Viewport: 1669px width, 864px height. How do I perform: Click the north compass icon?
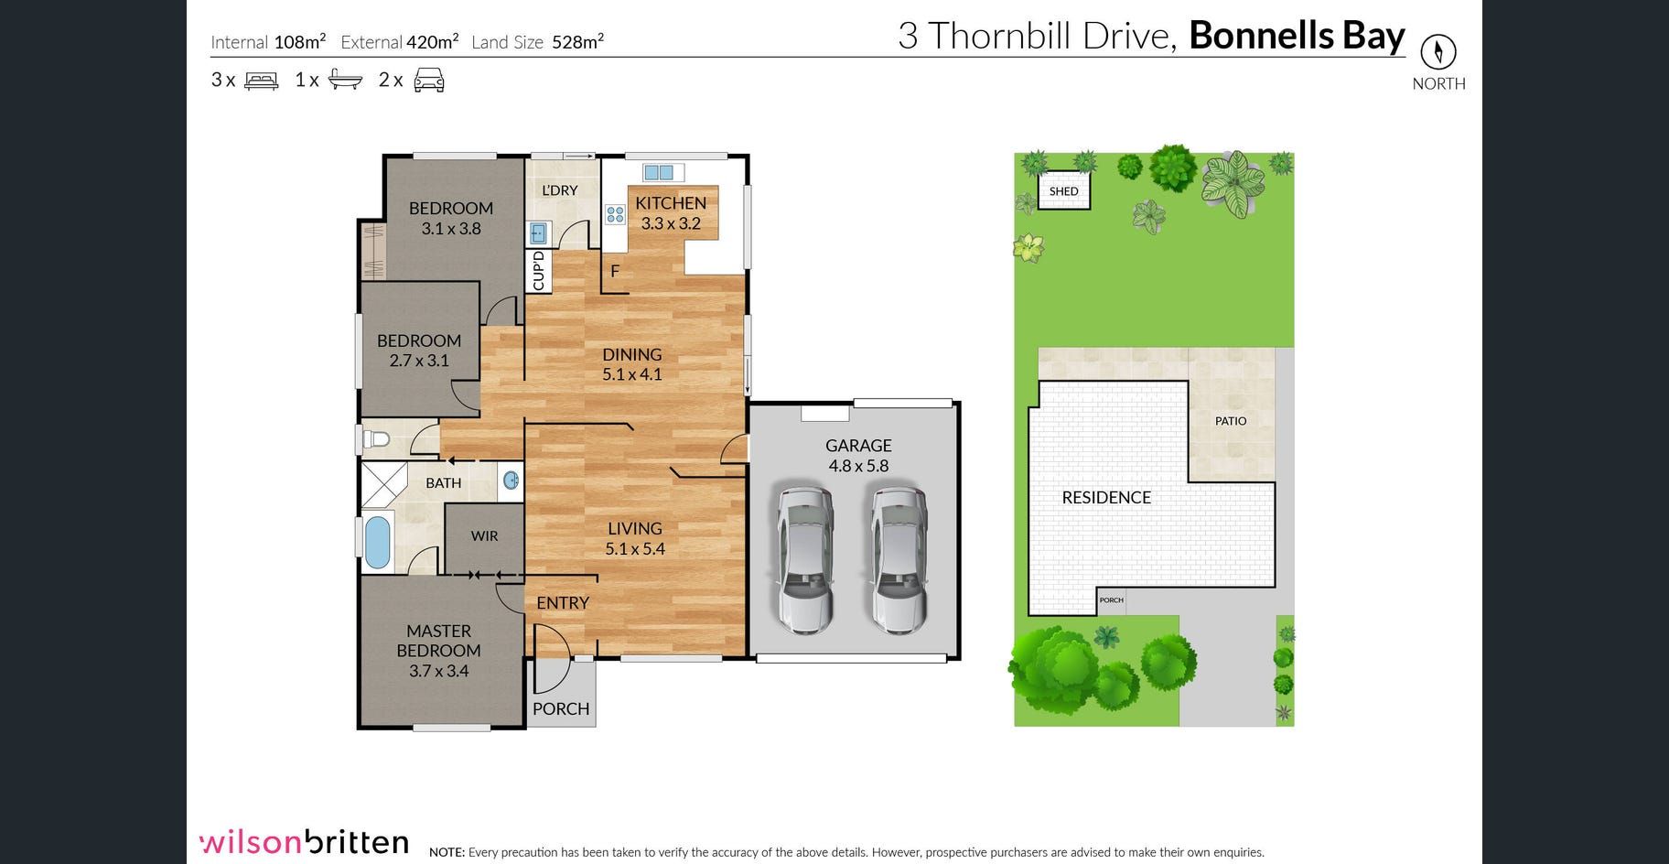(1437, 51)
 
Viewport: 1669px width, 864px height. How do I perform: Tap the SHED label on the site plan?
(1063, 191)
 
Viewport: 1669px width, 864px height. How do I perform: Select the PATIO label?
(1231, 421)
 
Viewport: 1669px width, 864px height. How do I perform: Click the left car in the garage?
(805, 560)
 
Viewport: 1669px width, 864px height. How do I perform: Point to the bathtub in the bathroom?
(377, 543)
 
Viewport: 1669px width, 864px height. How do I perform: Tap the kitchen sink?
(658, 172)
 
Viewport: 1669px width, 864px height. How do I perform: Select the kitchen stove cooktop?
(615, 215)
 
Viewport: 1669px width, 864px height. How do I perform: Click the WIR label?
(484, 536)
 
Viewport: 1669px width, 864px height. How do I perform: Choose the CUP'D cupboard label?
(538, 271)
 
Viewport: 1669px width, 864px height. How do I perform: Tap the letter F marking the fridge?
(615, 271)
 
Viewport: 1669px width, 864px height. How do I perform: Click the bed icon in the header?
(262, 81)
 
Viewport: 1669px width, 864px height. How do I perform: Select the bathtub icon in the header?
(345, 80)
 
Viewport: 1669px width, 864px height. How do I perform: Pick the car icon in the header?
(429, 81)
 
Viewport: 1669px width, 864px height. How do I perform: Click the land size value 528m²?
(577, 42)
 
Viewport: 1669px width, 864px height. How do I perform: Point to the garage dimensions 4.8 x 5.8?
(858, 466)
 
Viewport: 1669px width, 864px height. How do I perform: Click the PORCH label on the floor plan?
(561, 708)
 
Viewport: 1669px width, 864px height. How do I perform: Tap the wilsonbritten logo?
(304, 842)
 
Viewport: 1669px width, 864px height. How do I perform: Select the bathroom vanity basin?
(511, 480)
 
